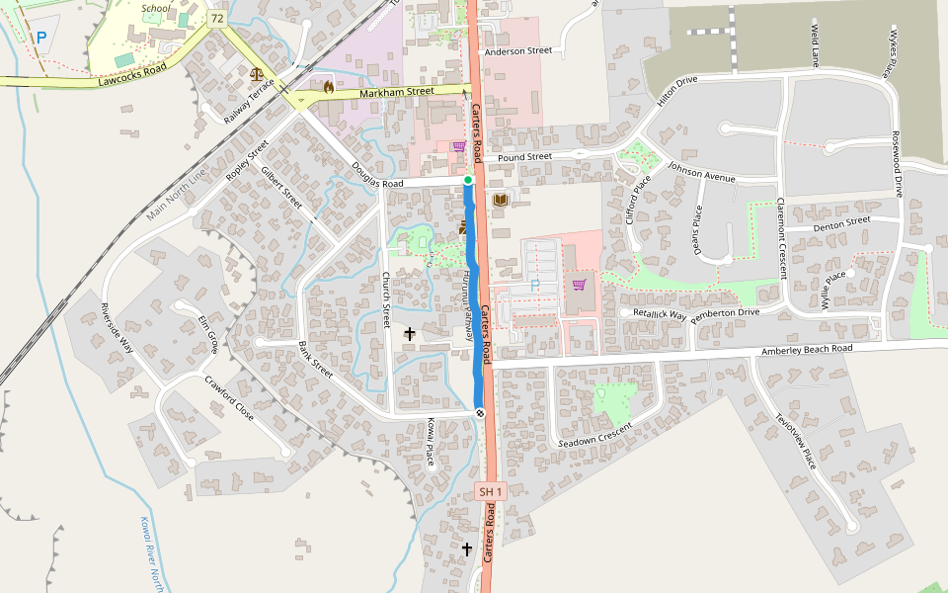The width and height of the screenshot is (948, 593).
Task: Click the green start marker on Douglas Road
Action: [x=468, y=180]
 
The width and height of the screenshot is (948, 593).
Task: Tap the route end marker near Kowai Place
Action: [x=479, y=413]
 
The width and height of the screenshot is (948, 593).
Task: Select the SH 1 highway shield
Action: [x=491, y=491]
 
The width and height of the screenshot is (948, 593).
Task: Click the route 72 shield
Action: [x=217, y=19]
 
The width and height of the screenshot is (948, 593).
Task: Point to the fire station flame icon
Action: [x=328, y=87]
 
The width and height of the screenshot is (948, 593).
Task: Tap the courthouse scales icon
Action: [x=258, y=73]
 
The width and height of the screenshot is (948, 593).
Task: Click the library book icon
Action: [x=500, y=201]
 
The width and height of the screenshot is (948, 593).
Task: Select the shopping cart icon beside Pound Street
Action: [x=458, y=146]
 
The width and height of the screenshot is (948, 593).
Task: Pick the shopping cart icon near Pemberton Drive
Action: [x=579, y=285]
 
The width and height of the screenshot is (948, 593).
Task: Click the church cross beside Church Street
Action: [x=409, y=334]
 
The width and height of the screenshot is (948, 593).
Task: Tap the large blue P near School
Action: [x=41, y=38]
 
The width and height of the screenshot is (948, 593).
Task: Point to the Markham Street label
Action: [x=396, y=91]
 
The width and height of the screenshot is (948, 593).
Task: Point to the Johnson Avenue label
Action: [x=701, y=172]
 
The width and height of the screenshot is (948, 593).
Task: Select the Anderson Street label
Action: [x=517, y=50]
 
